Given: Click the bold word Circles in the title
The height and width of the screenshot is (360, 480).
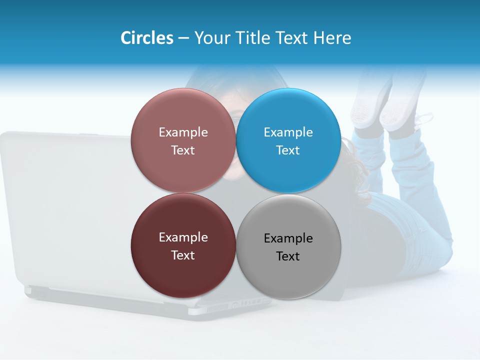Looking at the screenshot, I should coord(146,38).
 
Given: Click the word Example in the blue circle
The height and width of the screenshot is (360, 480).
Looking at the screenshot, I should coord(288,132).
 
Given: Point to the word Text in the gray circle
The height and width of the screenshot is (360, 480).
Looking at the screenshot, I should coord(288,256).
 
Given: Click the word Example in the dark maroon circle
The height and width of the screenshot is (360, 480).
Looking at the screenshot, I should coord(183,237).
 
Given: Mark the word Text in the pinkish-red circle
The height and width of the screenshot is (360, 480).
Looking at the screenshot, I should coord(183,150).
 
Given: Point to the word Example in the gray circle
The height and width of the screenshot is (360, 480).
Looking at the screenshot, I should coord(288,238).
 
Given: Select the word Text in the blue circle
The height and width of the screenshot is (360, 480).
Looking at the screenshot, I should coord(288,150).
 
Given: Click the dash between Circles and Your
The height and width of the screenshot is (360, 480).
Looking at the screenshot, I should coord(183,38).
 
